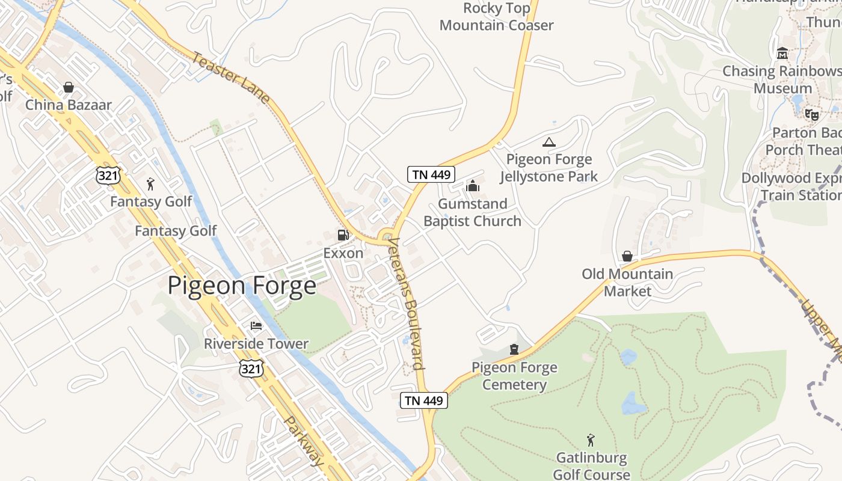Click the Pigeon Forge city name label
(242, 286)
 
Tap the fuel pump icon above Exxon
(343, 235)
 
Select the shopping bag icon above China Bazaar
(69, 87)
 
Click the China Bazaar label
(69, 105)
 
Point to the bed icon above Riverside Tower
(256, 326)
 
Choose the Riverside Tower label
(256, 344)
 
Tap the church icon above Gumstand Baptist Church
(473, 186)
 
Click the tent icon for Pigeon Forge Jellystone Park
(549, 142)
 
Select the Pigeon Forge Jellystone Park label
(549, 168)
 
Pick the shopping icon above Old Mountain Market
(627, 257)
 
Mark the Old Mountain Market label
(627, 283)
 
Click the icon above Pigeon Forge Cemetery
(514, 349)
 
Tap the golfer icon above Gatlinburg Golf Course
(591, 441)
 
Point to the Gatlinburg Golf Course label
(591, 466)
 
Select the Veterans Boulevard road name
(406, 304)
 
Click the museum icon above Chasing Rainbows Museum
(782, 53)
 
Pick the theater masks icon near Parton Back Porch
(812, 114)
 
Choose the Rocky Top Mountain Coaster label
(497, 16)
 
